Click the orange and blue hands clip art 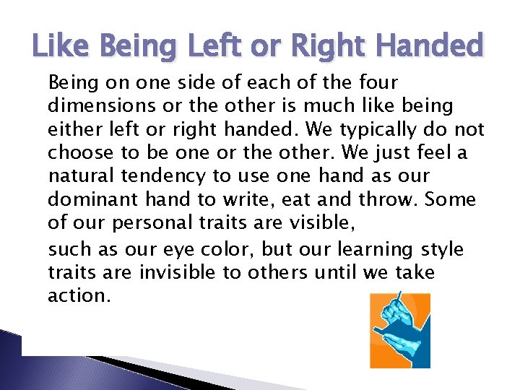point(400,330)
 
